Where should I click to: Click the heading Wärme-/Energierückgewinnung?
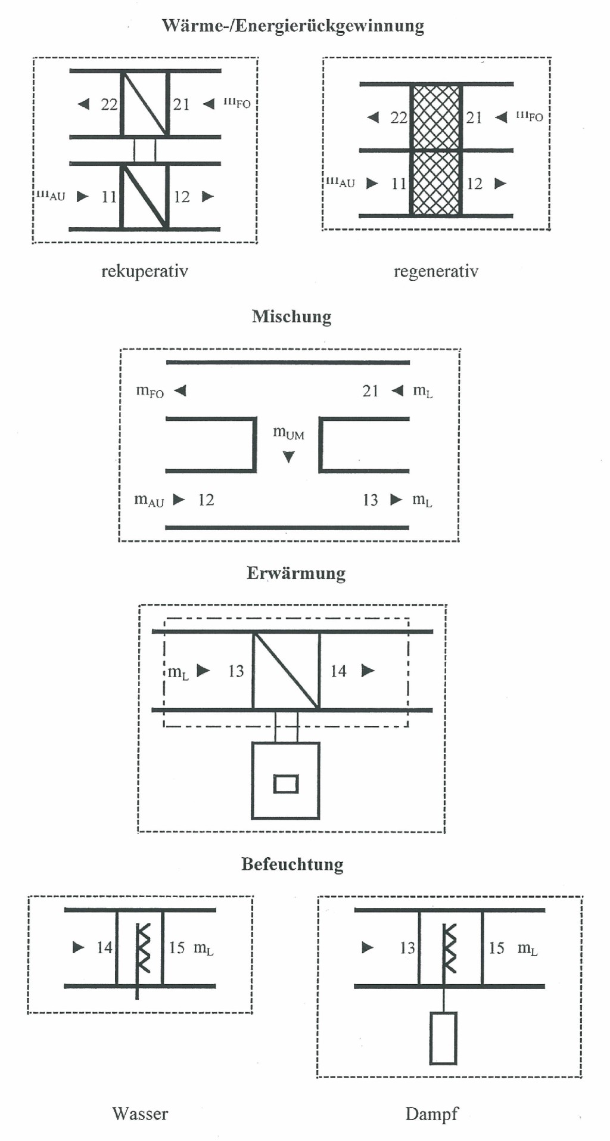292,26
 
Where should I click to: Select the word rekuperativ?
144,271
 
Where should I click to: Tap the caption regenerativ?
435,271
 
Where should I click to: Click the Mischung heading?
291,316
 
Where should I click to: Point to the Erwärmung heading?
296,573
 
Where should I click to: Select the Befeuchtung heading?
292,864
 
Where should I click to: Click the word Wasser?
140,1114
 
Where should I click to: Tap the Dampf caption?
432,1114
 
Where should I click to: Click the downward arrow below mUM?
289,457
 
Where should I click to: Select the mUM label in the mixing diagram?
288,433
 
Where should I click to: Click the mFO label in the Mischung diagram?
150,392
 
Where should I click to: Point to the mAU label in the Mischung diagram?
149,500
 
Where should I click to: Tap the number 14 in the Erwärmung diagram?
338,671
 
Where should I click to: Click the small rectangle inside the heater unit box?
286,783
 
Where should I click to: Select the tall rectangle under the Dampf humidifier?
443,1038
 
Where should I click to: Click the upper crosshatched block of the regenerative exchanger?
436,117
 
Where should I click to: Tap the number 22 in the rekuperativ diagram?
109,104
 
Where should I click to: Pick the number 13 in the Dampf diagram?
407,948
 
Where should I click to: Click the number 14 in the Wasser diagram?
104,947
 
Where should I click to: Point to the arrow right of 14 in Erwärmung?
368,671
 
